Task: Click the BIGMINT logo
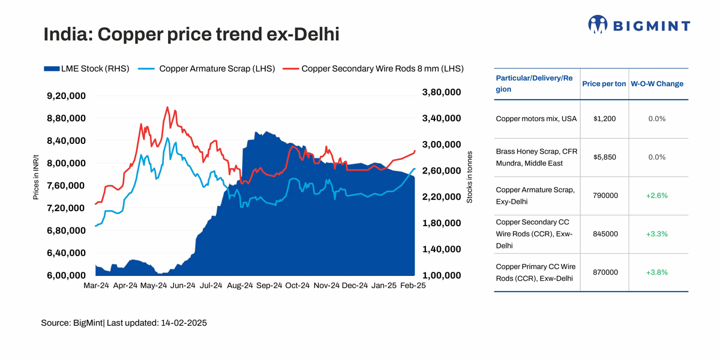639,25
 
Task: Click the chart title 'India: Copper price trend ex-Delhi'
191,34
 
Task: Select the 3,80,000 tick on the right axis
442,92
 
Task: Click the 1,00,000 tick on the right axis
442,275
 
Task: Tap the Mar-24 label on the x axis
97,286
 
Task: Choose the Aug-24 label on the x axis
240,286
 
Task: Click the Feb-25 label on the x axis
413,286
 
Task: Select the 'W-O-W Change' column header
657,84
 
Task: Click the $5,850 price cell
604,157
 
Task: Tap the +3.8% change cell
657,272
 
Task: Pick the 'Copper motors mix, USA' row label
536,119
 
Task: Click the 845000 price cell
605,234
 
